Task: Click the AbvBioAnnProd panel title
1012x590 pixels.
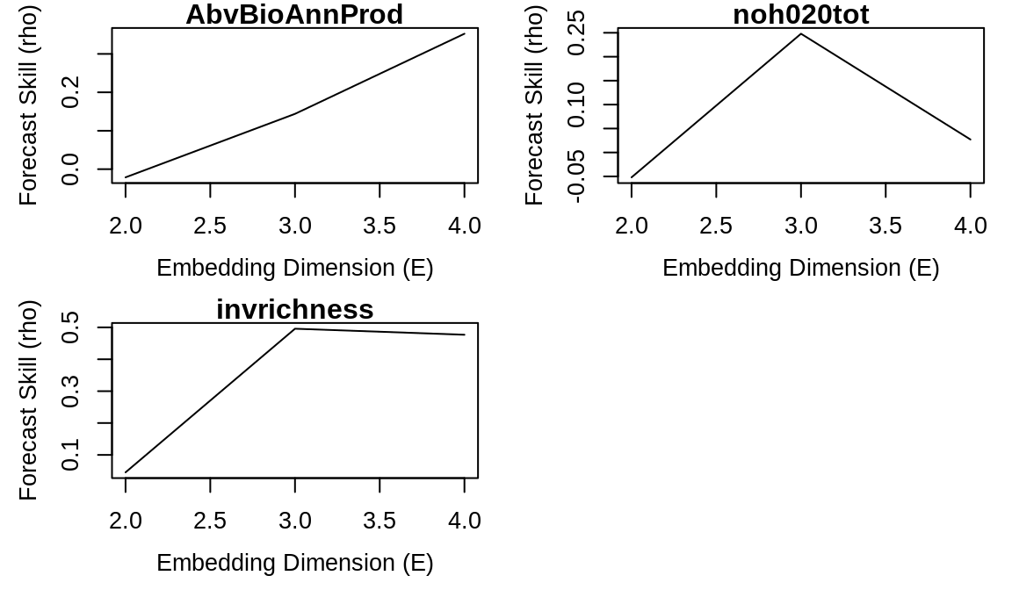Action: tap(294, 15)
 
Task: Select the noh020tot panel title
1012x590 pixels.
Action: tap(800, 15)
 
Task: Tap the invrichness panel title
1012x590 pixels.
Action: tap(294, 310)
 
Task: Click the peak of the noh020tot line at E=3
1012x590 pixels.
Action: tap(800, 34)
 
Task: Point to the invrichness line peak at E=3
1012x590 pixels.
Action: tap(295, 328)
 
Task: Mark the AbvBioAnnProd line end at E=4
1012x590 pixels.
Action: tap(464, 33)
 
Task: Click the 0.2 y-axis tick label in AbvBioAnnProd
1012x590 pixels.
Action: tap(71, 92)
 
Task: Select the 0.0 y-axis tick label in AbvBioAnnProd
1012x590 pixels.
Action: tap(71, 169)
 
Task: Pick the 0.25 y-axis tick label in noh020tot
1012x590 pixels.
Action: tap(577, 33)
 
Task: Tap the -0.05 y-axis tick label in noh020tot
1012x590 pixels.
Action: tap(577, 176)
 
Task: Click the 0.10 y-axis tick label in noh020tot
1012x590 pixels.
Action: tap(577, 104)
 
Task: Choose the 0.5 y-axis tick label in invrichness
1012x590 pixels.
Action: tap(71, 327)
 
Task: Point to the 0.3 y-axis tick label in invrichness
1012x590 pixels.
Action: tap(71, 391)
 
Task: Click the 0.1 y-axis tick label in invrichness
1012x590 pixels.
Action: tap(71, 455)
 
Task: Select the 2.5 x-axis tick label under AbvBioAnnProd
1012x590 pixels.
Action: tap(210, 226)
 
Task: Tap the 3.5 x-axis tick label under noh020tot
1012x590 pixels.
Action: tap(885, 226)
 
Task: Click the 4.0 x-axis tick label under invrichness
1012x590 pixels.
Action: tap(464, 521)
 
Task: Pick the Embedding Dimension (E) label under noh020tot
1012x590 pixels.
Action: tap(800, 268)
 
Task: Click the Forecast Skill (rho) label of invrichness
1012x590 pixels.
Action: tap(29, 400)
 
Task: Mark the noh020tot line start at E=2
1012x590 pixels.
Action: tap(632, 177)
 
